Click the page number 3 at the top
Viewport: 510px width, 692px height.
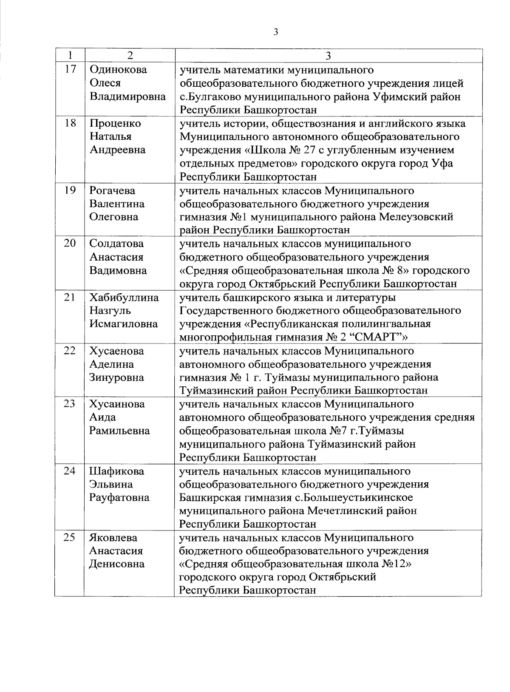tap(275, 32)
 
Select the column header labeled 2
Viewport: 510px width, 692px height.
tap(130, 56)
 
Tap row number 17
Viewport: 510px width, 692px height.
tap(70, 69)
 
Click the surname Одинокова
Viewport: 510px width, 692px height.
tap(118, 70)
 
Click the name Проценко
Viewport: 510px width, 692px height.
tap(115, 123)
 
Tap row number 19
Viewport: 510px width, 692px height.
tap(70, 190)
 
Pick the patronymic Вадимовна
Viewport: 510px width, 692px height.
tap(118, 270)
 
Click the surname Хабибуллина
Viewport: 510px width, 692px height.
tap(124, 298)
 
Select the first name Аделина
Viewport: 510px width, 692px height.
tap(111, 364)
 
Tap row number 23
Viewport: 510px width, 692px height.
tap(70, 404)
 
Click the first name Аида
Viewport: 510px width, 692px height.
tap(102, 417)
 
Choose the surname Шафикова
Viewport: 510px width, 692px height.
tap(116, 471)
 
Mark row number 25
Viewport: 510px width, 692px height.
tap(70, 537)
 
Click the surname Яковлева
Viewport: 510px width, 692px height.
tap(113, 538)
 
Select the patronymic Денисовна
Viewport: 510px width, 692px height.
tap(117, 564)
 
